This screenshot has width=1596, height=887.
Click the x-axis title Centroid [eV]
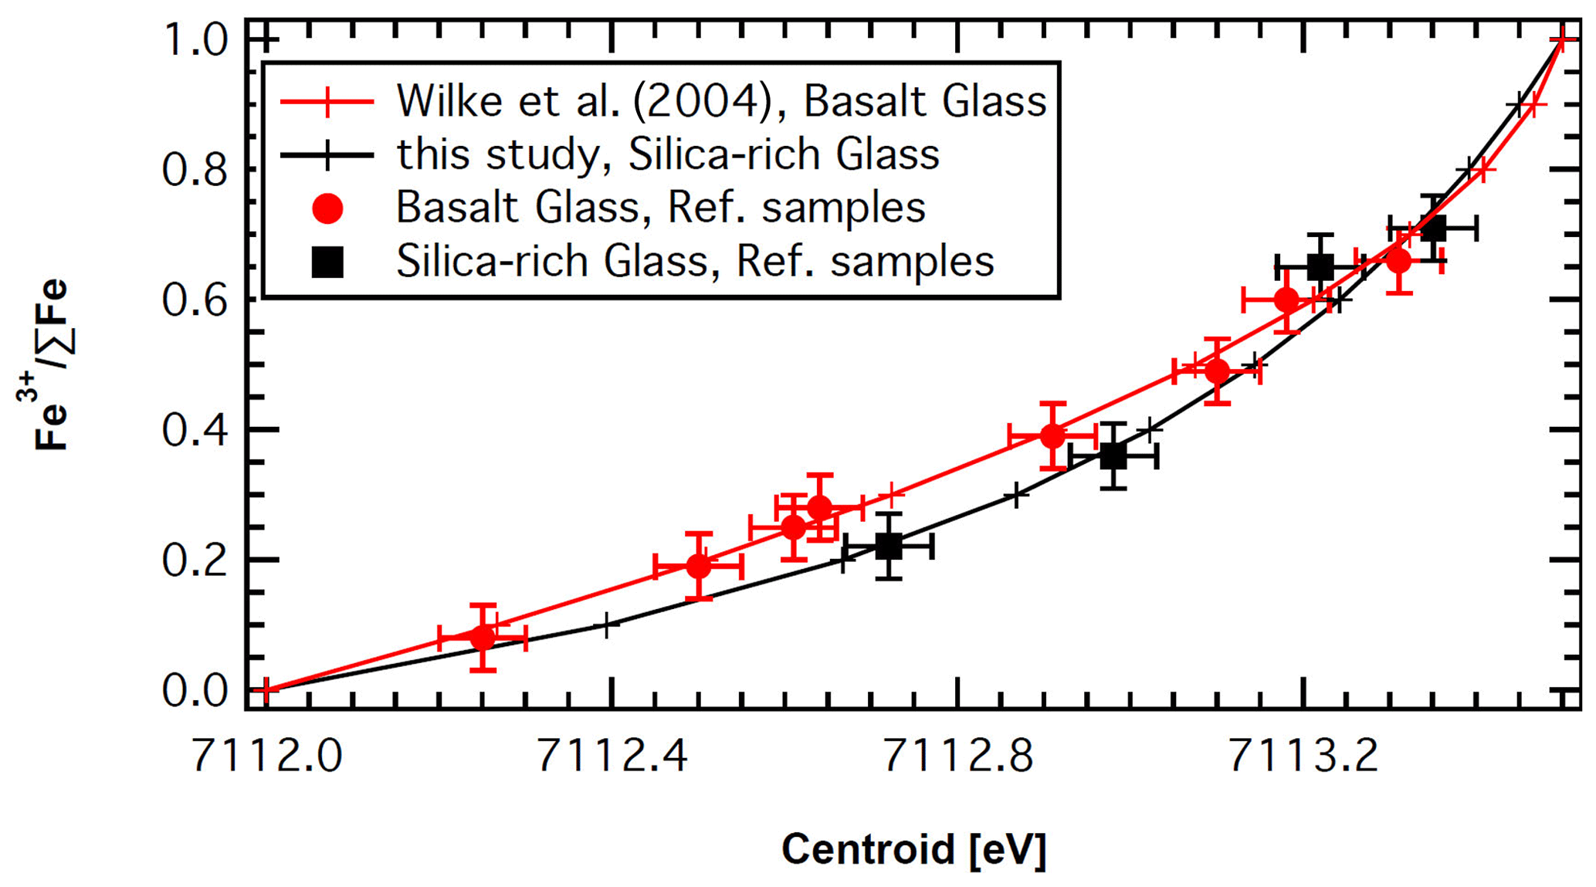click(913, 849)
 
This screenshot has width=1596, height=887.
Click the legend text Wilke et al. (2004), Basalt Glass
click(721, 101)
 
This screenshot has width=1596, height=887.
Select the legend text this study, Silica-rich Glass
click(668, 154)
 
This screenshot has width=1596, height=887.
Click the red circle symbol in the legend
click(327, 208)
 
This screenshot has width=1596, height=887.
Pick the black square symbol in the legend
click(327, 262)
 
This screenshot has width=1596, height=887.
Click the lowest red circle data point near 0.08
click(483, 638)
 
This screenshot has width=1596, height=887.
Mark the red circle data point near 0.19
click(699, 567)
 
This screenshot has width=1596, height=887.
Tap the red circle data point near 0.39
click(1052, 437)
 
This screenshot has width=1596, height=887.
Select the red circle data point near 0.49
click(1217, 371)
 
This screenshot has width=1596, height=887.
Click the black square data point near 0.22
click(889, 547)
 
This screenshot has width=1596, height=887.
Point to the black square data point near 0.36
click(1113, 456)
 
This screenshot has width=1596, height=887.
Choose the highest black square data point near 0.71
click(1433, 229)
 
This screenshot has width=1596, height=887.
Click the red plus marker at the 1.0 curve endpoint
click(1562, 39)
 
